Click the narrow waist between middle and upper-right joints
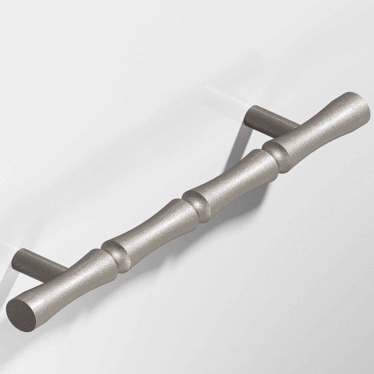click(x=233, y=179)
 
